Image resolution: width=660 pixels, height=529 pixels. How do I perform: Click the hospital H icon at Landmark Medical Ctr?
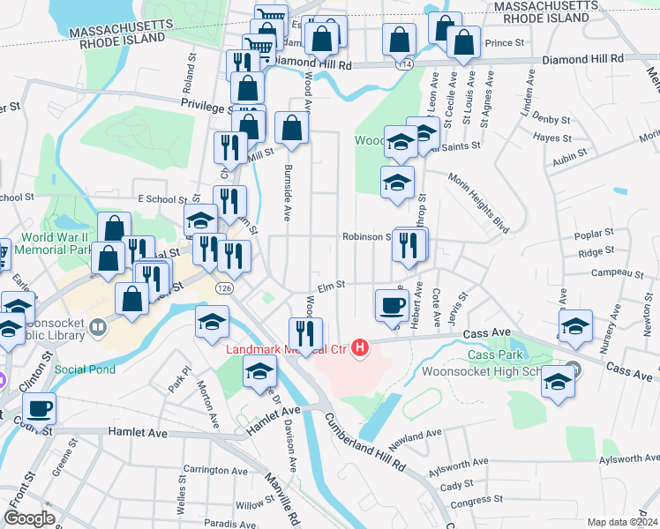(359, 349)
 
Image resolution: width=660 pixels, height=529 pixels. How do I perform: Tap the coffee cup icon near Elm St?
(392, 305)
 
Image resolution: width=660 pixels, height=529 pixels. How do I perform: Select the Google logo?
(30, 518)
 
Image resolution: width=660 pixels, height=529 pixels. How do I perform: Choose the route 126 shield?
(224, 288)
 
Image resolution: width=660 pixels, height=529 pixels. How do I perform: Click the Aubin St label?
(570, 156)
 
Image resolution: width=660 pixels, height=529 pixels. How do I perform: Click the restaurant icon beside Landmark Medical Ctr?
(305, 333)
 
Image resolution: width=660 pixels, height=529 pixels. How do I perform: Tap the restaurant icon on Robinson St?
(409, 245)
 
